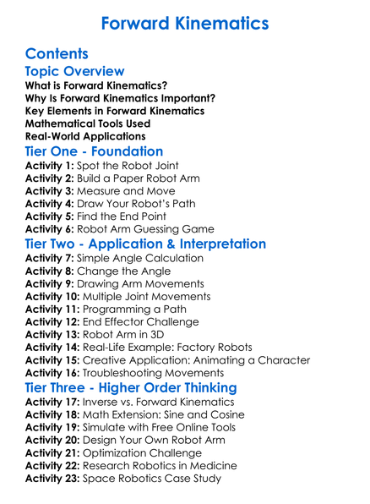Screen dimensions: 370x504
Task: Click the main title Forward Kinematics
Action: (x=184, y=23)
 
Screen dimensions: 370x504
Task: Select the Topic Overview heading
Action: (x=75, y=72)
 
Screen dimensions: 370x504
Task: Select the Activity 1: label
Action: (x=49, y=166)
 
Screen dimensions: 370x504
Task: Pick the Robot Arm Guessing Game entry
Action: (x=152, y=228)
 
